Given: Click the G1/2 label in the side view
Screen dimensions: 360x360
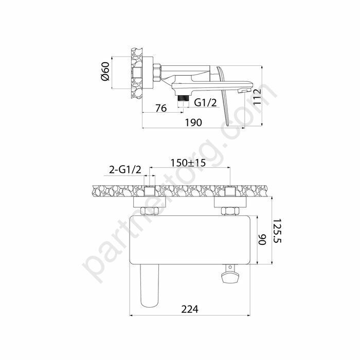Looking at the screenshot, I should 204,103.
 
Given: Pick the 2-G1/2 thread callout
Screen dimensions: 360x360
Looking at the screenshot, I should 124,170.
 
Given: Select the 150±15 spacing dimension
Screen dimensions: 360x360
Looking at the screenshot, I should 188,163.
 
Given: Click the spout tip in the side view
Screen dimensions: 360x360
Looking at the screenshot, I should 246,90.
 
